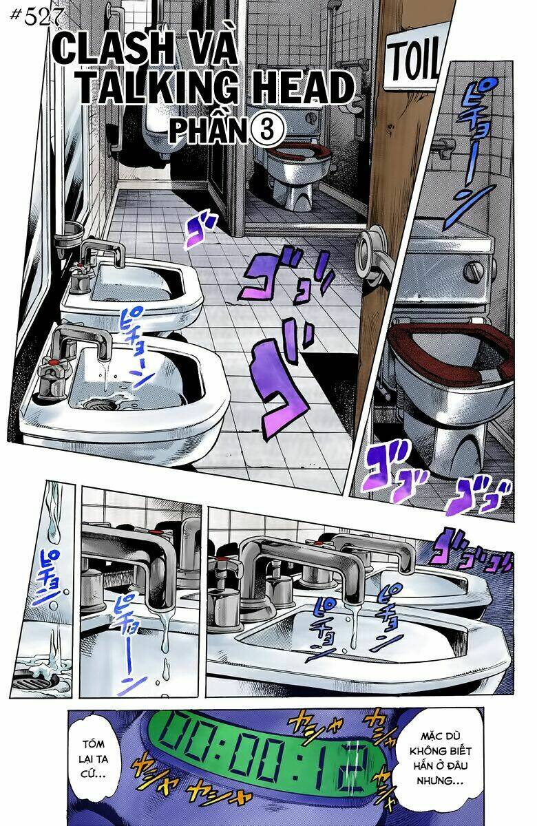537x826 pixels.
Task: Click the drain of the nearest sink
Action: click(x=100, y=400)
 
